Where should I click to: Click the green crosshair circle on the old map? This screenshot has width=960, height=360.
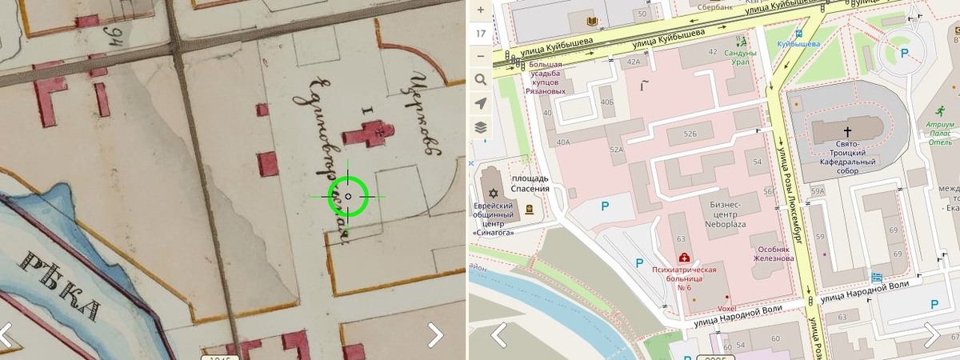348,196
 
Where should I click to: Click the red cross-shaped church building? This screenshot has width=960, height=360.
370,134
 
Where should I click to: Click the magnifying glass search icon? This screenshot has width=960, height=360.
480,79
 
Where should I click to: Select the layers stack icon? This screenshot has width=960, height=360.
480,126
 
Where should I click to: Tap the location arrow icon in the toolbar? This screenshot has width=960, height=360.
480,103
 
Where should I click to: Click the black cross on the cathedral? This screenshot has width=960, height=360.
847,130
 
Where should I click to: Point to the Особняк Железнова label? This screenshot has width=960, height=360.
773,253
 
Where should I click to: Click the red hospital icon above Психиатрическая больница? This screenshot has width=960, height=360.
684,258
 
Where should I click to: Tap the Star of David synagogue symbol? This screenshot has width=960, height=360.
494,194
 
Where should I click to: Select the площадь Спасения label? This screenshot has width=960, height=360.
530,183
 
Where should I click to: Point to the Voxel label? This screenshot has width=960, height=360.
705,307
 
